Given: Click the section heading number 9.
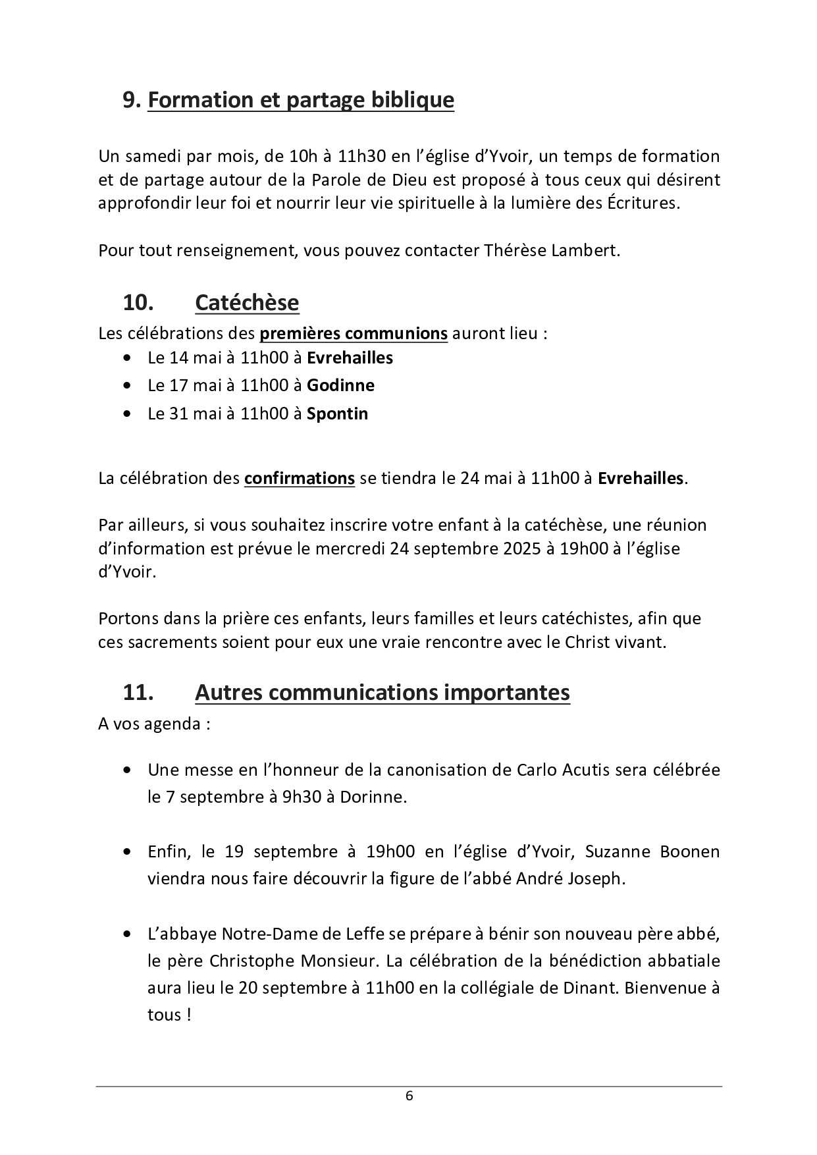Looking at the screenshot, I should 132,100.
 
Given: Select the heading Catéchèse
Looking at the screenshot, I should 247,303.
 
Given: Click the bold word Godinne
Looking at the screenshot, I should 340,385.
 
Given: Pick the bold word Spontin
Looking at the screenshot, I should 337,414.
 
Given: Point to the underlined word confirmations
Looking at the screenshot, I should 299,478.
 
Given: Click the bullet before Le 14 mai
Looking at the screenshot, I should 126,358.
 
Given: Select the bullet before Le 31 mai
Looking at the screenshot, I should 126,414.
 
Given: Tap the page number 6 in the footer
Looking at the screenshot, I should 409,1096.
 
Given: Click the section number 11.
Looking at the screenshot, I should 138,693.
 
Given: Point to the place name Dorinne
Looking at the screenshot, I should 373,797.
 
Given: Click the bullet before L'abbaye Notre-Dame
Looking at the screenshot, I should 126,934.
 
